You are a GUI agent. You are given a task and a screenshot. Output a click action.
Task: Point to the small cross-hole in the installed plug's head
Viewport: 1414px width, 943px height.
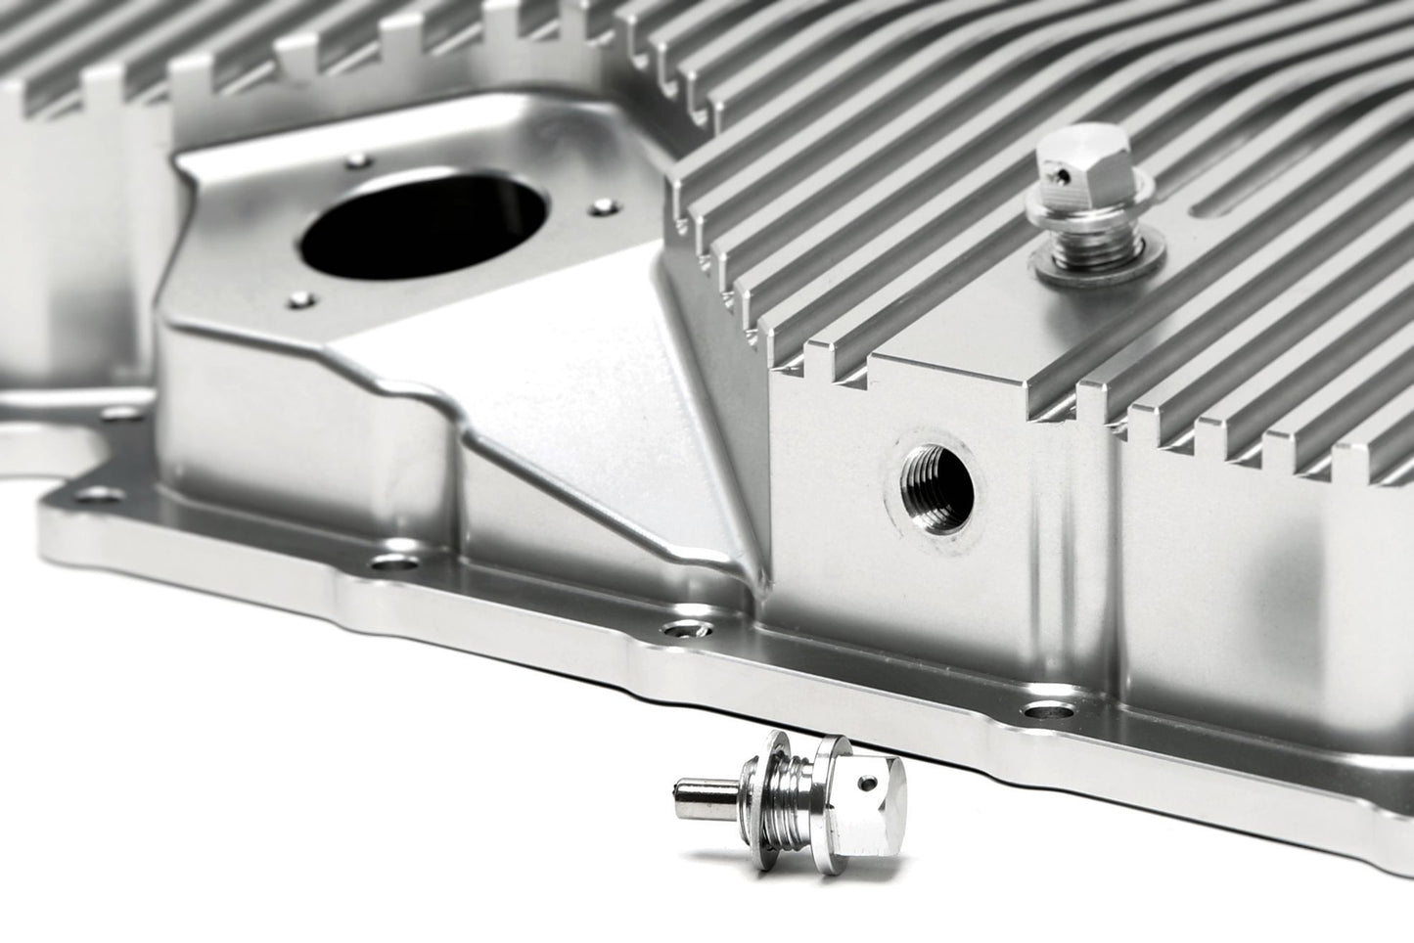click(1056, 177)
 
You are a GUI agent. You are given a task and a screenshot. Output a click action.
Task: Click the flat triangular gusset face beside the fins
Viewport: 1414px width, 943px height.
click(587, 391)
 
